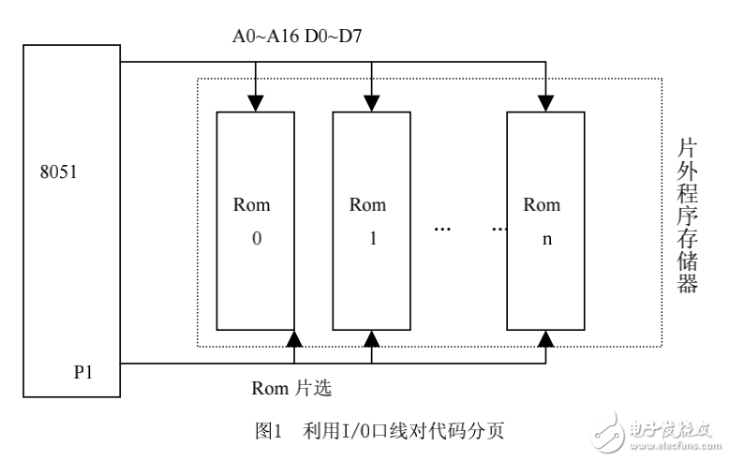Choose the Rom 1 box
(x=372, y=220)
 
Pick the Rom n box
(x=544, y=220)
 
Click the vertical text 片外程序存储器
(x=687, y=216)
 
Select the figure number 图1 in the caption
(x=269, y=432)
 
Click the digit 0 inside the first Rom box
(x=256, y=238)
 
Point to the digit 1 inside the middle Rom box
(x=372, y=238)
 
